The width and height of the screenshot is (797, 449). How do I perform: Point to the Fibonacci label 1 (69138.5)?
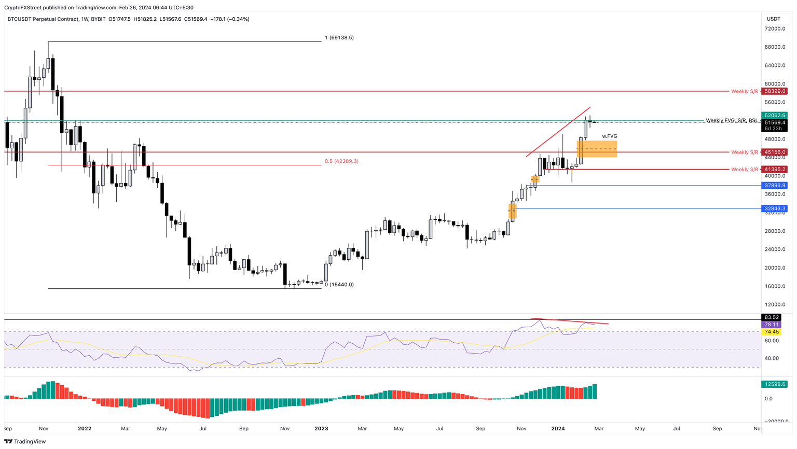(339, 38)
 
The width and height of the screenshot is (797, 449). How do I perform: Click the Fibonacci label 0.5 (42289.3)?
(341, 161)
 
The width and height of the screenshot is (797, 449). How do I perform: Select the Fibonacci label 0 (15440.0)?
(339, 285)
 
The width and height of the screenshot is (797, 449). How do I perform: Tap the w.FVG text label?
(610, 136)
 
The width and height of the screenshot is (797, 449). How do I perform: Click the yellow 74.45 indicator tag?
(772, 332)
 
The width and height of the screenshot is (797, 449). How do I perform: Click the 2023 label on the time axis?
(321, 429)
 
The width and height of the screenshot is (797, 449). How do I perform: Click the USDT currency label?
(774, 19)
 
